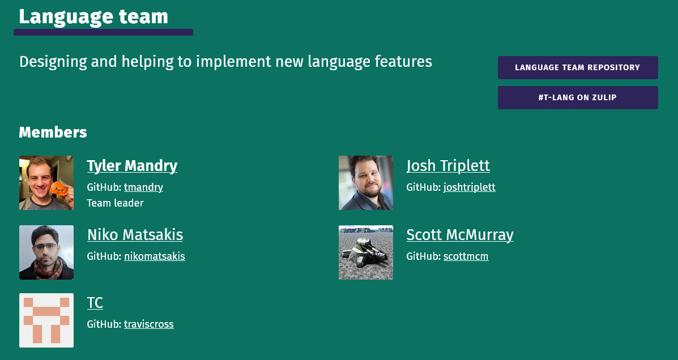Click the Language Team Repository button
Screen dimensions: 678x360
click(x=578, y=67)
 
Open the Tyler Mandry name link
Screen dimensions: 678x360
click(x=132, y=166)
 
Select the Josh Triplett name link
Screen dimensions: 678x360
click(x=448, y=166)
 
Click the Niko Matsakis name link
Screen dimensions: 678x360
click(x=135, y=235)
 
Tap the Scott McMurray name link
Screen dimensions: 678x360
click(x=460, y=235)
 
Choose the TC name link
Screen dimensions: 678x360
click(x=95, y=303)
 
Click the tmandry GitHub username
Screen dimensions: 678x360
click(x=143, y=187)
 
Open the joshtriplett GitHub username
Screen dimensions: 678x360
click(x=470, y=187)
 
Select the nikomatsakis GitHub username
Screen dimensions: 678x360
click(x=155, y=256)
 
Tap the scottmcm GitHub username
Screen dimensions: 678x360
click(x=466, y=256)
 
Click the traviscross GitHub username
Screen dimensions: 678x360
click(x=149, y=324)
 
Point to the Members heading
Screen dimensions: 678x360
click(x=53, y=132)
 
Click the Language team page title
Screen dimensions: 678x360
click(x=93, y=17)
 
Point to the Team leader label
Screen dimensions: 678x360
click(x=115, y=203)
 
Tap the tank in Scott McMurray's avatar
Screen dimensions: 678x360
click(x=365, y=251)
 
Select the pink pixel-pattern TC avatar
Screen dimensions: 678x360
click(x=46, y=320)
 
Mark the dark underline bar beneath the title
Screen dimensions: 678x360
click(x=103, y=32)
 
